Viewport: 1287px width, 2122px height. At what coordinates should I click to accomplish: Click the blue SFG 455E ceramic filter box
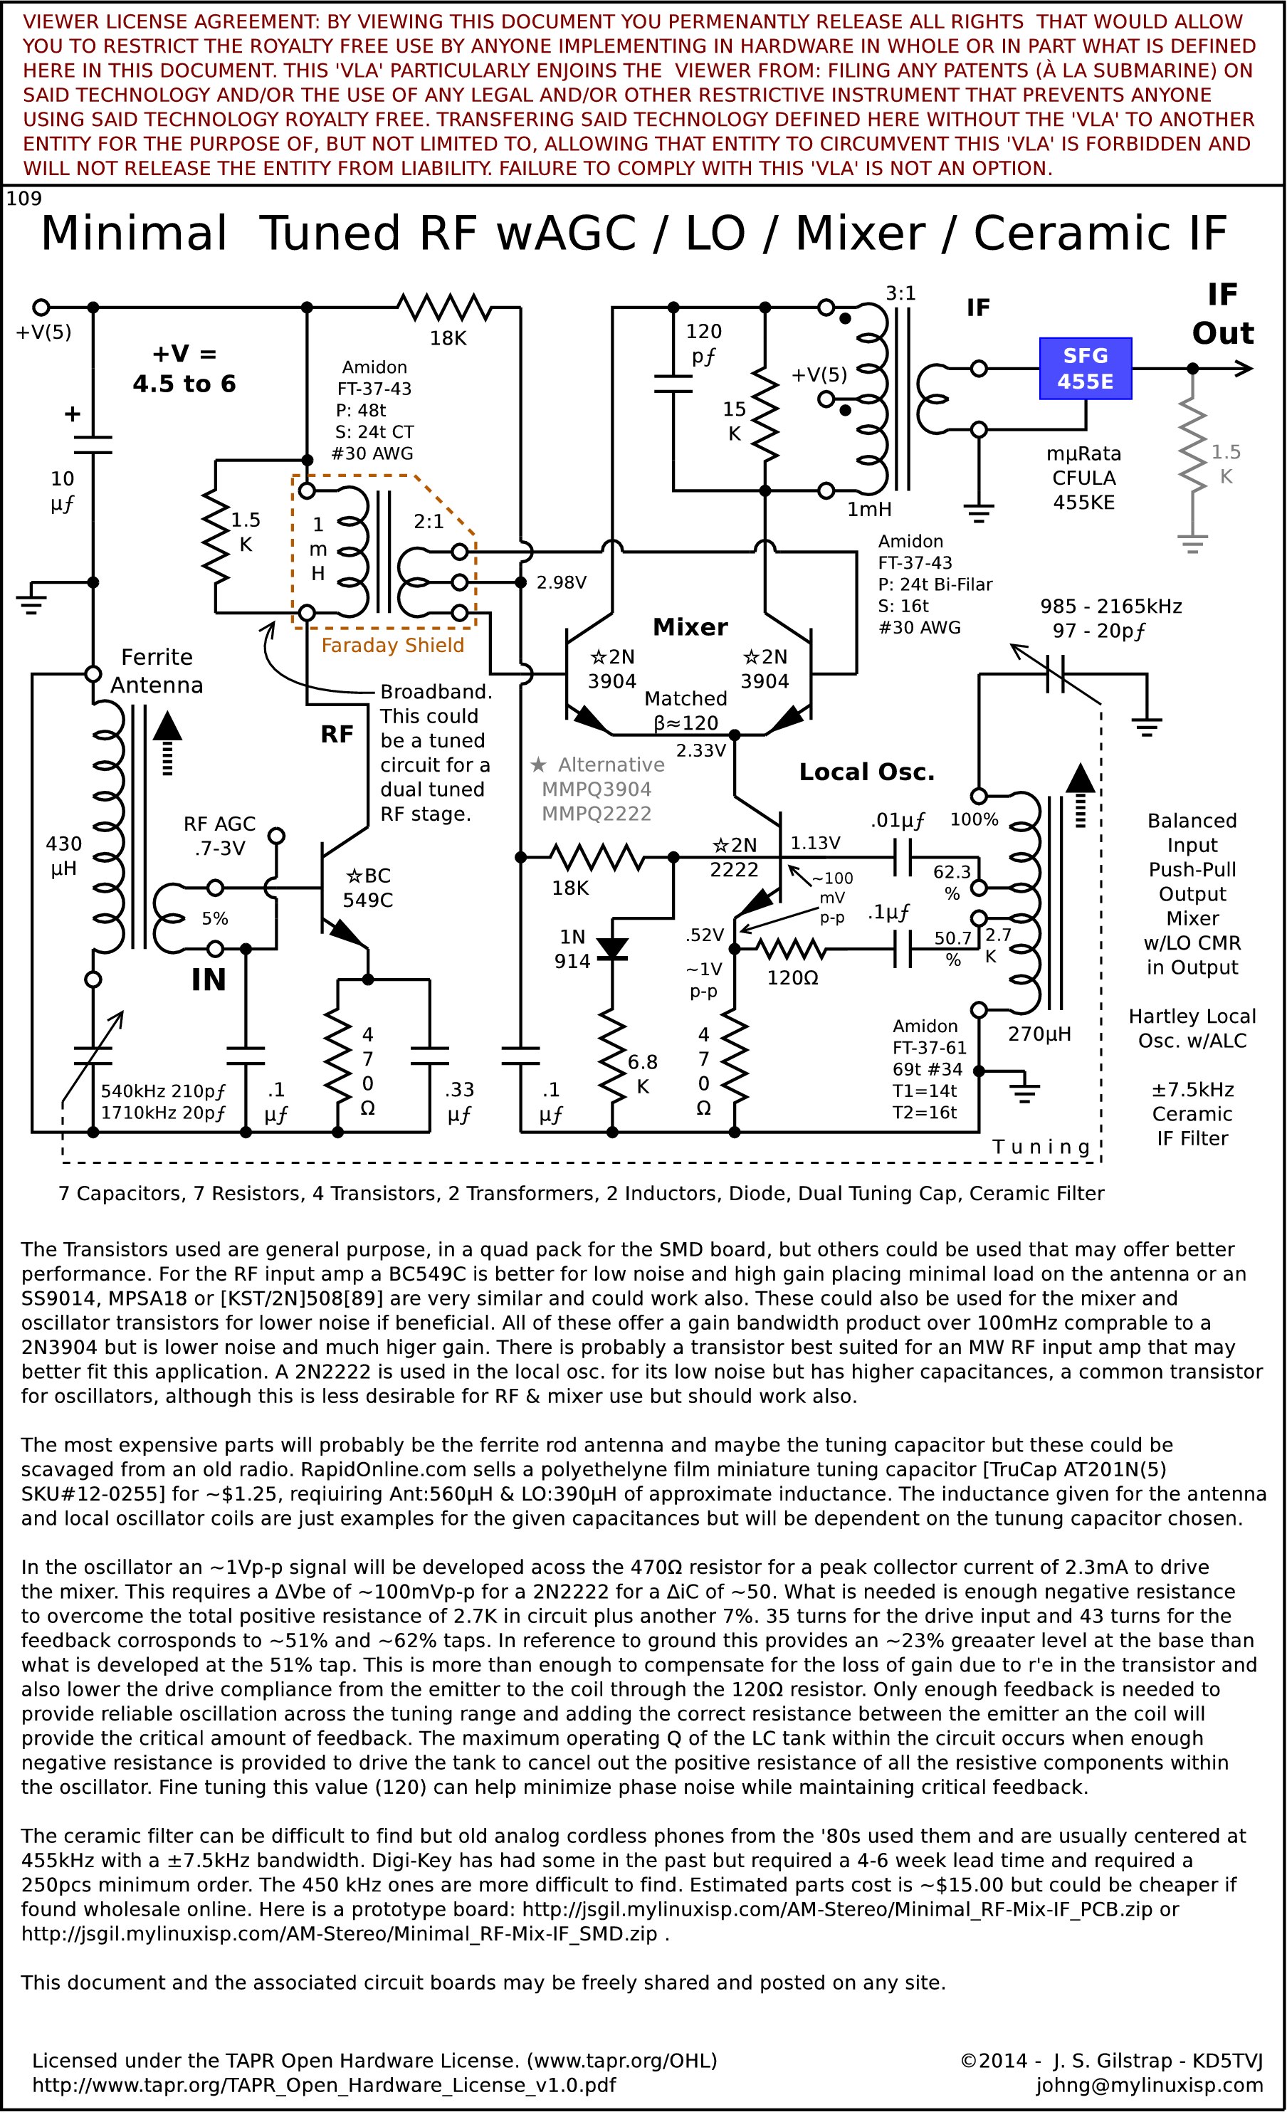coord(1086,369)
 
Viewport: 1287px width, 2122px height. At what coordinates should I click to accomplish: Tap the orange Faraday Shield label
coord(393,645)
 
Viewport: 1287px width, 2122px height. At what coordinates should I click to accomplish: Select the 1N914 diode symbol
coord(612,948)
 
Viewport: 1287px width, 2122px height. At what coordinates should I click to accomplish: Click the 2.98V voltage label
coord(562,583)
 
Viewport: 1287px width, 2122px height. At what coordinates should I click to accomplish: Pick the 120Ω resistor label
coord(792,977)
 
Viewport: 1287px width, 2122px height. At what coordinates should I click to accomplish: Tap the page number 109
coord(24,199)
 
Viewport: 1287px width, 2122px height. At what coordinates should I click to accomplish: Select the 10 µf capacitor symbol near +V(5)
coord(93,444)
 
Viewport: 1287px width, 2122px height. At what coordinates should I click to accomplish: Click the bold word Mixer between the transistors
coord(690,627)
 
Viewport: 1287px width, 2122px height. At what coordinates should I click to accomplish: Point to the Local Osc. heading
coord(866,772)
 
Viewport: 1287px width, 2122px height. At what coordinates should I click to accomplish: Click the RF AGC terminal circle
coord(276,836)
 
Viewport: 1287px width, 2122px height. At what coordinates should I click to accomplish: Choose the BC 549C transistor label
coord(368,888)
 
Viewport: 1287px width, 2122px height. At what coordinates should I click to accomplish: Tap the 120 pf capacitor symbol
coord(673,383)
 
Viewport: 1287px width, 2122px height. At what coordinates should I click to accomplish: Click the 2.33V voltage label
coord(701,751)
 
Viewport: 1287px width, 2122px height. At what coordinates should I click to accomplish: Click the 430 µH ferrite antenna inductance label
coord(64,856)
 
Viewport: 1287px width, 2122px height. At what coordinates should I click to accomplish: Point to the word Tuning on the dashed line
coord(1041,1147)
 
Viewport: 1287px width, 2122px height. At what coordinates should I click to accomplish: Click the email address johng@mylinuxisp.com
coord(1149,2085)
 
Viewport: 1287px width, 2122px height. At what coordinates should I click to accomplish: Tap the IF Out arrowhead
coord(1243,369)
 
